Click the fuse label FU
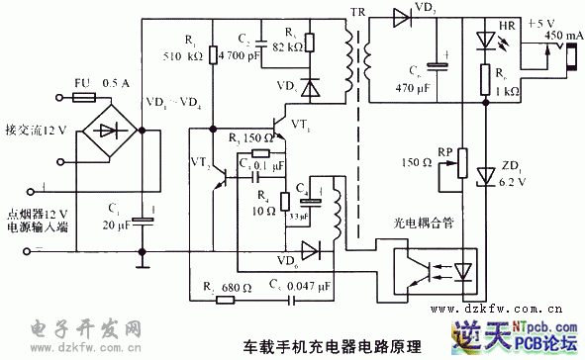(82, 84)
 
